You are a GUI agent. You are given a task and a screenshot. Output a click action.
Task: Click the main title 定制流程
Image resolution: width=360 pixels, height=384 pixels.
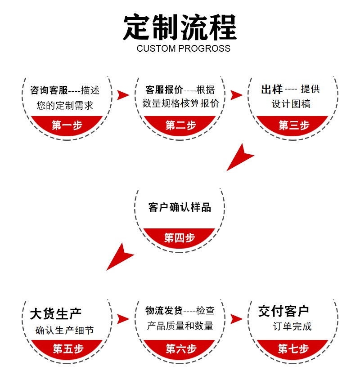[180, 28]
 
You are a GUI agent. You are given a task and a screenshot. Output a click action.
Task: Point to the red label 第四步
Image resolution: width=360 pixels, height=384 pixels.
[180, 237]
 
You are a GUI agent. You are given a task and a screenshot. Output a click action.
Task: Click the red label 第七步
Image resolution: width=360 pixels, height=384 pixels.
[293, 348]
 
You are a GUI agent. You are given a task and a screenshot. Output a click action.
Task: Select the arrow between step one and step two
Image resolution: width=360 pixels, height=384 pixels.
[123, 95]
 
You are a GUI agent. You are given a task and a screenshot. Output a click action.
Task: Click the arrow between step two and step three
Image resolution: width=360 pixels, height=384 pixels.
[236, 95]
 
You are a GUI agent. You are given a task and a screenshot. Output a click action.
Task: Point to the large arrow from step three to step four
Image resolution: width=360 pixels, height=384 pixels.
[239, 158]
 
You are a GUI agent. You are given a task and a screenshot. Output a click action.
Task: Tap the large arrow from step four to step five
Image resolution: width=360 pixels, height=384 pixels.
[120, 257]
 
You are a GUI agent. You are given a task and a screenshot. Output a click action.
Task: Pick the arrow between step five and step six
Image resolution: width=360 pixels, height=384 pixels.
[123, 319]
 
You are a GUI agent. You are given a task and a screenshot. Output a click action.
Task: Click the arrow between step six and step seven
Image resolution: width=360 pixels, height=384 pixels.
[236, 319]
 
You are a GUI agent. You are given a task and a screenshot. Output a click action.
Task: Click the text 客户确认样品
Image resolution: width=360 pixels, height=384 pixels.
[180, 207]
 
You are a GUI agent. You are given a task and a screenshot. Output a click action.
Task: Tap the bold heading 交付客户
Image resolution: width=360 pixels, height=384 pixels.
[283, 311]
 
